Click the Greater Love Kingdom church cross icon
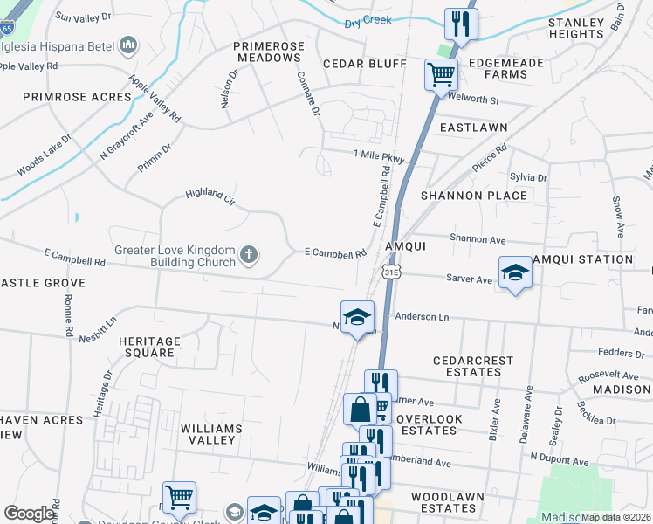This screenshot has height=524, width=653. click(249, 256)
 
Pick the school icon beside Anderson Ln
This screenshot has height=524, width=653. click(356, 317)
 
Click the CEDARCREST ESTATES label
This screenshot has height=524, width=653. click(468, 366)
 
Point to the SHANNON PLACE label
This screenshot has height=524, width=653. click(474, 196)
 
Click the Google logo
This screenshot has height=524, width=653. click(28, 514)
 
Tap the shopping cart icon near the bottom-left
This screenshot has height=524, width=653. click(179, 497)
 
